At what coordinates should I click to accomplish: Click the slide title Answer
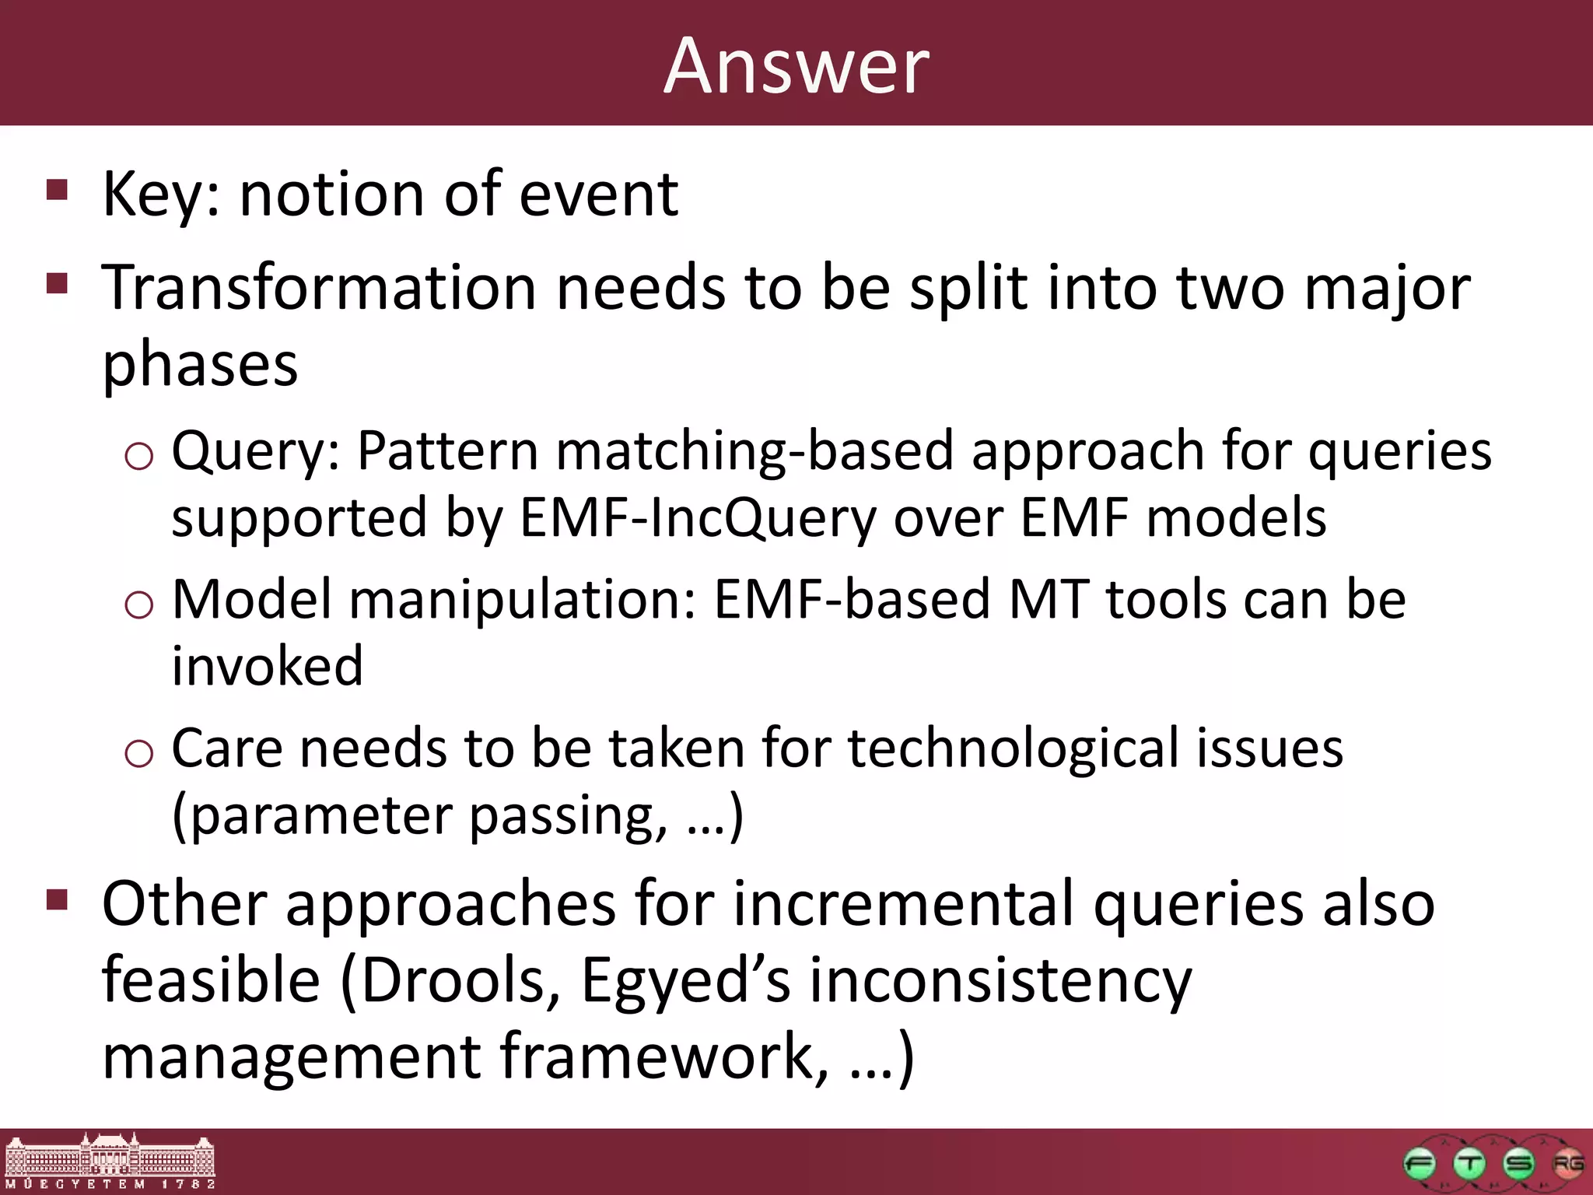(x=796, y=67)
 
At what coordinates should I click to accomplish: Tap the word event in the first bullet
(x=598, y=194)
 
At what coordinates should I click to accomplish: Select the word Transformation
(x=319, y=288)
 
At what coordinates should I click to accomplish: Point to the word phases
(x=200, y=364)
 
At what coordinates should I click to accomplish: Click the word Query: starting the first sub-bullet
(x=256, y=451)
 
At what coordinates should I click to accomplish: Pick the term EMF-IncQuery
(x=698, y=517)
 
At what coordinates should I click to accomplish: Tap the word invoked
(x=267, y=667)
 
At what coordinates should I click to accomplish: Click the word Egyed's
(x=685, y=980)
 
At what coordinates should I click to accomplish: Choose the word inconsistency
(x=1000, y=980)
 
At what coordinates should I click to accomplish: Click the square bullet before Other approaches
(x=58, y=900)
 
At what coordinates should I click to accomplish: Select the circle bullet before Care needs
(x=138, y=753)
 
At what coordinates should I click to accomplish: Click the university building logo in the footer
(x=109, y=1161)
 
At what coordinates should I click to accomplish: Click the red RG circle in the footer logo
(x=1567, y=1165)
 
